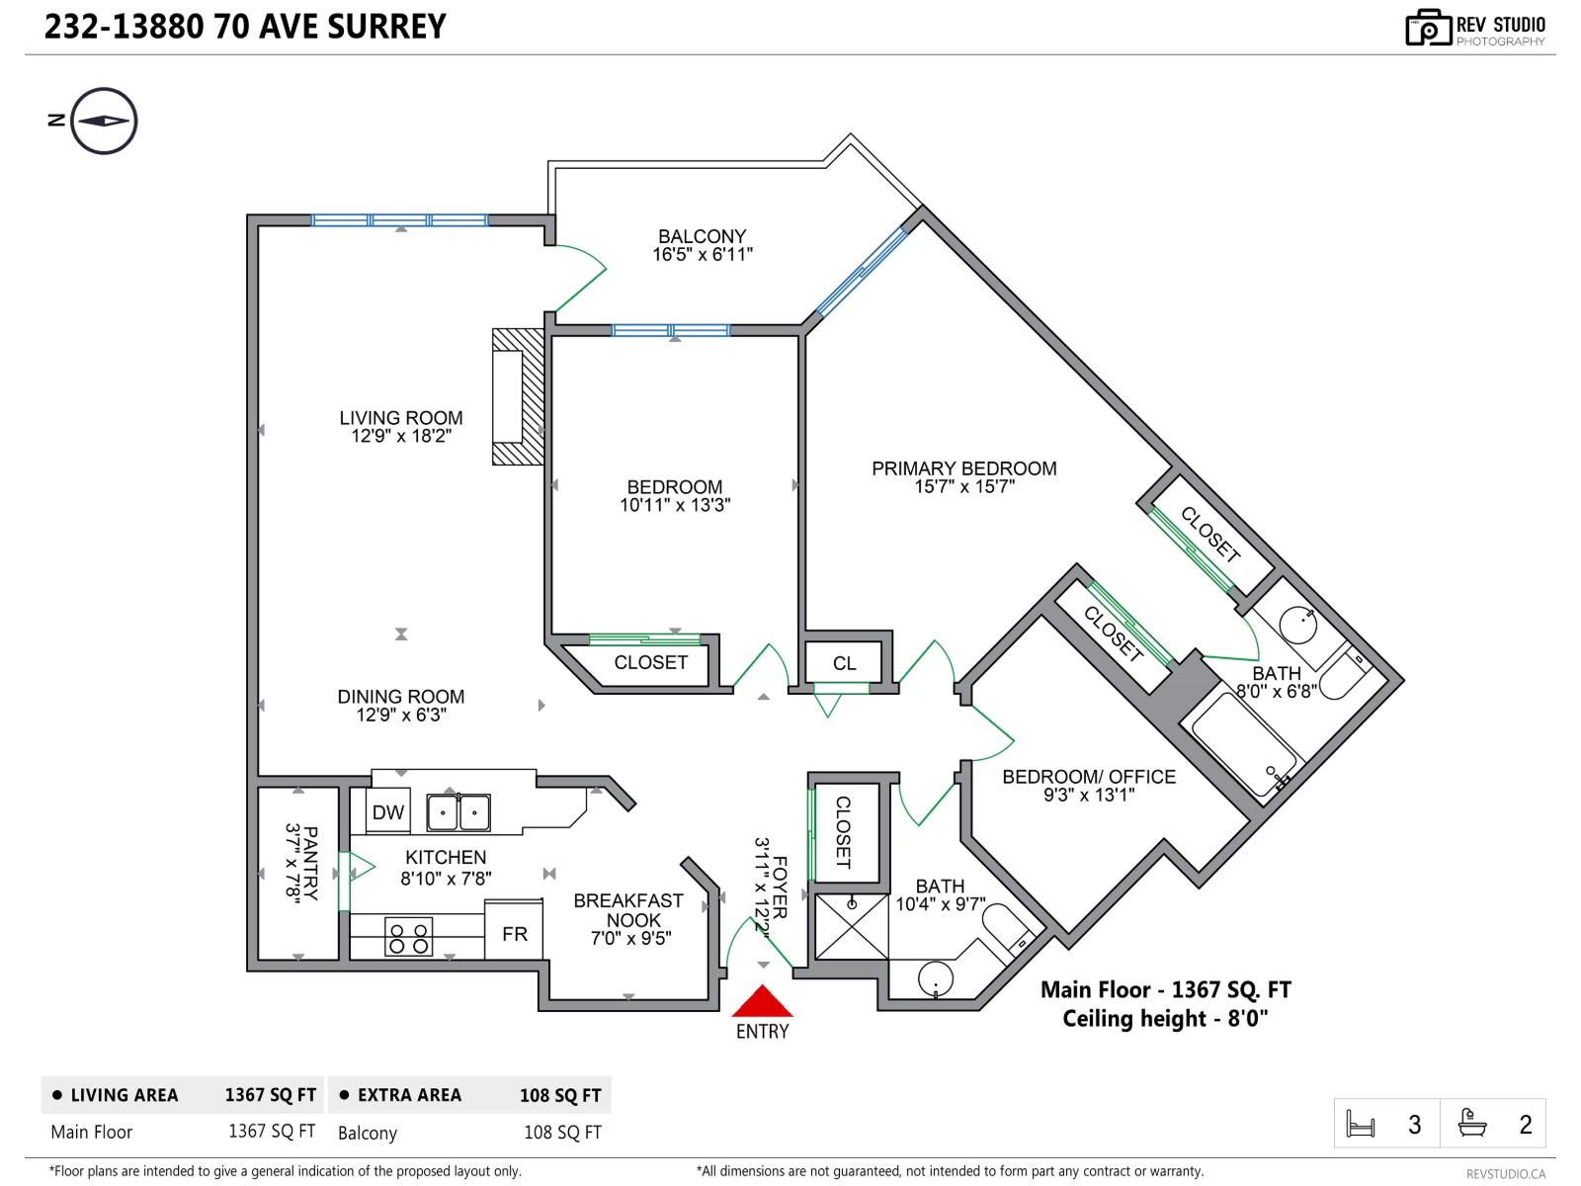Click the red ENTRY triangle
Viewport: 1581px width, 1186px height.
[x=762, y=1004]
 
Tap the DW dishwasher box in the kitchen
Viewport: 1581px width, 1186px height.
[x=387, y=812]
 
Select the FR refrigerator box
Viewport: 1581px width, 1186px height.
[x=514, y=933]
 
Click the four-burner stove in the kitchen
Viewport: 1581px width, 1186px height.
[x=408, y=938]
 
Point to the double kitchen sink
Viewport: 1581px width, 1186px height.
[x=458, y=813]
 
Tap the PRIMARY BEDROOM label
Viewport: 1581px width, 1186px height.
[x=963, y=468]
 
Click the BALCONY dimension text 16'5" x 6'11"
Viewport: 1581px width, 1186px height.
[x=702, y=255]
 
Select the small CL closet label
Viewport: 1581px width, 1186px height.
[x=844, y=663]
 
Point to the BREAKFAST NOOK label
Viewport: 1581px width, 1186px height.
[x=629, y=910]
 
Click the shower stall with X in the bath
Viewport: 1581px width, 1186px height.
[x=851, y=927]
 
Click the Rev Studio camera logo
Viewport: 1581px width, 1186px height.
[x=1427, y=28]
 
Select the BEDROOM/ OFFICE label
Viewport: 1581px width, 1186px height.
[x=1089, y=777]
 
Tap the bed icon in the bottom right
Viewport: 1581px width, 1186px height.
[x=1361, y=1125]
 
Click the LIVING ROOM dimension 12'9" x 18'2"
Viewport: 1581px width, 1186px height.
[x=400, y=436]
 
